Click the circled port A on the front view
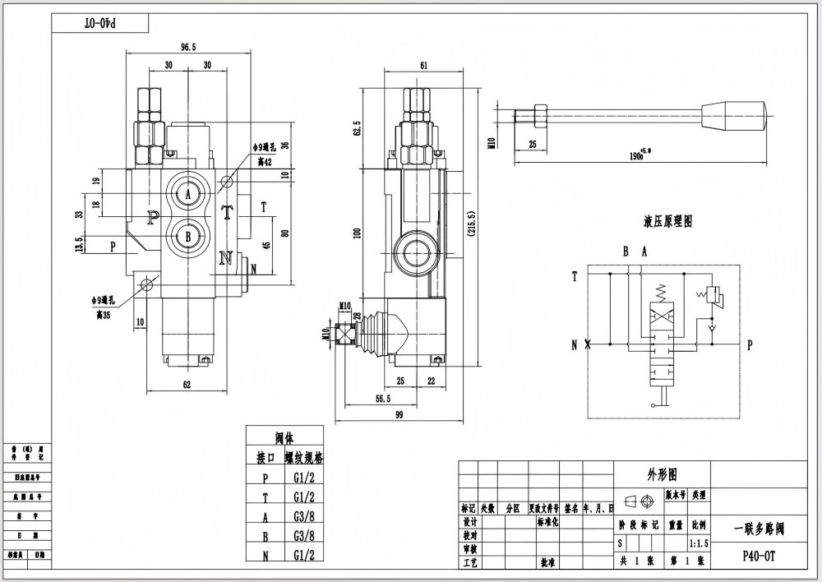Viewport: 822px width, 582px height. click(188, 194)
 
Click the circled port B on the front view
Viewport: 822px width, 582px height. click(188, 237)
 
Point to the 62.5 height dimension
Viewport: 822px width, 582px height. click(356, 130)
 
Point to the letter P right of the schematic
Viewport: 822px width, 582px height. click(749, 346)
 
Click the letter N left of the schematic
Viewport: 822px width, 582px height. click(574, 345)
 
